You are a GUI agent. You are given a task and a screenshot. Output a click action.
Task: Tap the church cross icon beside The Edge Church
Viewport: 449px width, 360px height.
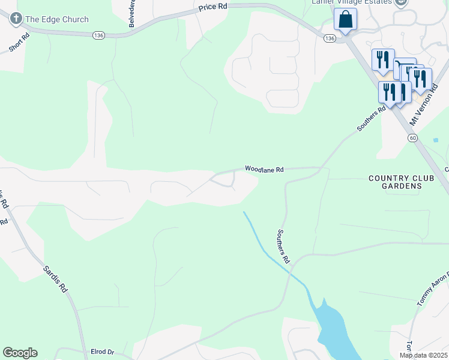coord(15,19)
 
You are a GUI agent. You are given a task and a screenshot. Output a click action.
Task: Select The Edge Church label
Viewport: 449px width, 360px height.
coord(57,20)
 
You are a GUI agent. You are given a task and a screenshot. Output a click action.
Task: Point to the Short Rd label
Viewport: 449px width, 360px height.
coord(19,41)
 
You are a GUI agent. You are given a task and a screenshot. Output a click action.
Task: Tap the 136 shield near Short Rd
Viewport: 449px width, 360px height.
coord(98,36)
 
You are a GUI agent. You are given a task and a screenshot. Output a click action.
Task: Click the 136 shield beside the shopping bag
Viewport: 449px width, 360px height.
coord(329,38)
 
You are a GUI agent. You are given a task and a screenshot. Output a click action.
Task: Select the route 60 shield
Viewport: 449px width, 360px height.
coord(412,138)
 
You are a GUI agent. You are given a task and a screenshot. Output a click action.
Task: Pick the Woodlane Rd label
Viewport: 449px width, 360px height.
coord(264,170)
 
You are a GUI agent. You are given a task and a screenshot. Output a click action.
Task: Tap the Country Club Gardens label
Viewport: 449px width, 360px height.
coord(395,182)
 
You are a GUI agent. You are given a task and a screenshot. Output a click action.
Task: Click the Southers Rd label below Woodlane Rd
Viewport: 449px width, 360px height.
coord(283,247)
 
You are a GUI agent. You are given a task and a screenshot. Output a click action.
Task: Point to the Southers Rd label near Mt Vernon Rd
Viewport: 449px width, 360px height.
coord(370,119)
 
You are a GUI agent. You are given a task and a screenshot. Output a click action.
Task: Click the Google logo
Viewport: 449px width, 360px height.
coord(20,353)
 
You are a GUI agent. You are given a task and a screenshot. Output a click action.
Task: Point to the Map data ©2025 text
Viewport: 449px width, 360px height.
coord(423,355)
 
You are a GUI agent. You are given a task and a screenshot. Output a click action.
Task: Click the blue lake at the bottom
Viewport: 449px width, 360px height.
coord(334,331)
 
